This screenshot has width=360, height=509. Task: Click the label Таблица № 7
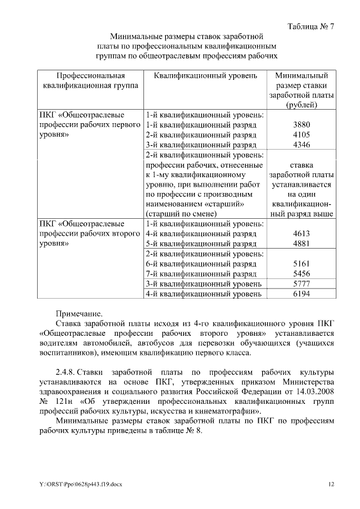click(x=310, y=26)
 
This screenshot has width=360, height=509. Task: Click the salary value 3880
click(x=301, y=124)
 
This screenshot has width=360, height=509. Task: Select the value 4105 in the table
click(x=301, y=134)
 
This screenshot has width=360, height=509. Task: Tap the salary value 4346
click(x=301, y=145)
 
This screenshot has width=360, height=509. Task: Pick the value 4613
click(x=301, y=233)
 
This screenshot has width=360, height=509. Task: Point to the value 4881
click(x=301, y=244)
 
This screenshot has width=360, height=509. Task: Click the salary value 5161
click(x=301, y=263)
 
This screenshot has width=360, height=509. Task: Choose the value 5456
click(x=301, y=273)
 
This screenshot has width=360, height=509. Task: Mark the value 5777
click(x=301, y=283)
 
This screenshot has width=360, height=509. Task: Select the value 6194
click(x=301, y=294)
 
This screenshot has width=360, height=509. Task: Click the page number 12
click(x=331, y=484)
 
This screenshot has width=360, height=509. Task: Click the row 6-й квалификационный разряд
click(x=201, y=263)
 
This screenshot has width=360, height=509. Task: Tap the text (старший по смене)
click(x=181, y=213)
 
